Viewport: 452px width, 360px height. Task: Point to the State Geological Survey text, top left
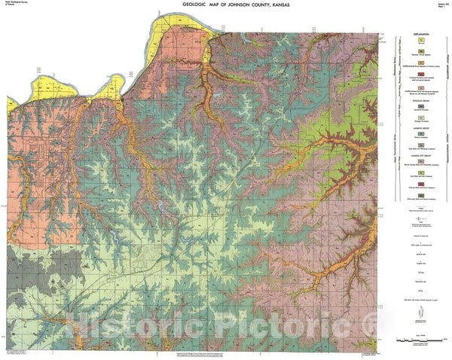click(14, 5)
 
